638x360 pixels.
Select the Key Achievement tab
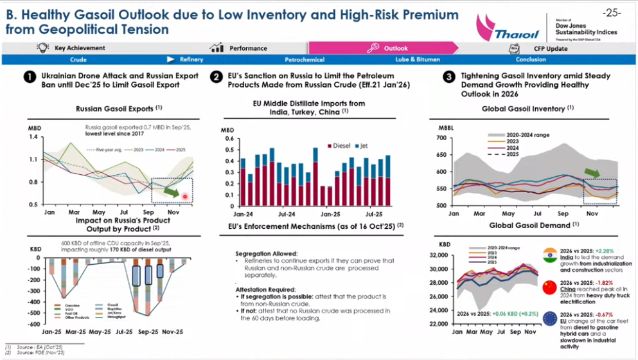pyautogui.click(x=80, y=48)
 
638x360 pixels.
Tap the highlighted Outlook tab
pyautogui.click(x=396, y=48)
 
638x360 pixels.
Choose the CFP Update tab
pyautogui.click(x=551, y=48)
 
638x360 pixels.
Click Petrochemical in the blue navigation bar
pyautogui.click(x=305, y=60)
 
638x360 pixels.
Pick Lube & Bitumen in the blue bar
pyautogui.click(x=418, y=60)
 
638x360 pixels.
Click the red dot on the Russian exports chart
pyautogui.click(x=185, y=196)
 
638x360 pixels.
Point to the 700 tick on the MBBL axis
pyautogui.click(x=440, y=138)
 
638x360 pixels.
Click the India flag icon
pyautogui.click(x=549, y=255)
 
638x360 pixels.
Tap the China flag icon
pyautogui.click(x=549, y=288)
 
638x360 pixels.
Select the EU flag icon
pyautogui.click(x=549, y=319)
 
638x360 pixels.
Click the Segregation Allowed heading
pyautogui.click(x=263, y=254)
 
